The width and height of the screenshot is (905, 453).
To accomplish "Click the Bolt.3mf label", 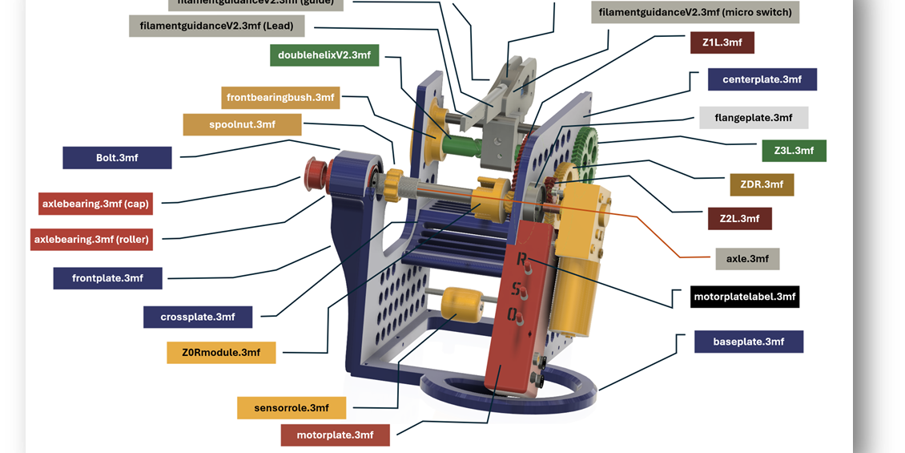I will tap(117, 158).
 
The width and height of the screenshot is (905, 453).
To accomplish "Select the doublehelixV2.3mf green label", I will tap(324, 55).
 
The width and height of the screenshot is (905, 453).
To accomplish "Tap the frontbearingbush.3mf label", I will tap(280, 98).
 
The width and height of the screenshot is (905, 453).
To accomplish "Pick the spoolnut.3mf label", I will tap(242, 125).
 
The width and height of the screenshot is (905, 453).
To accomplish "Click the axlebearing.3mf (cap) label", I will tap(95, 204).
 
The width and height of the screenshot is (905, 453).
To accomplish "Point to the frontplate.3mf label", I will tap(107, 278).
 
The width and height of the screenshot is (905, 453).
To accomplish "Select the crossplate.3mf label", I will tap(198, 317).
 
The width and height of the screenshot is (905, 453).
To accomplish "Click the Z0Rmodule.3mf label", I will tap(221, 353).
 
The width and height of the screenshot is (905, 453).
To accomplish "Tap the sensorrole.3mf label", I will tap(292, 408).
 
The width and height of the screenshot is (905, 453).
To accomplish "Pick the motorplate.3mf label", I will tap(335, 435).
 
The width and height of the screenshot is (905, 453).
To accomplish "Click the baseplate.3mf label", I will tap(748, 342).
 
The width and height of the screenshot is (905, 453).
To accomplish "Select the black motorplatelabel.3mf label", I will tap(745, 297).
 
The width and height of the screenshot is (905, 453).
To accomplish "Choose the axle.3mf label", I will tap(747, 259).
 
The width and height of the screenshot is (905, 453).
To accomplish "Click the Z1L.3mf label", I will tap(722, 42).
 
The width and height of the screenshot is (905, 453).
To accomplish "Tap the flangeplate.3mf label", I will tap(753, 118).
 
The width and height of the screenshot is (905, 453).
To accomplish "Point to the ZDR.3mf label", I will tap(762, 184).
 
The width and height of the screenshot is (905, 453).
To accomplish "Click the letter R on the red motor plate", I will tap(522, 260).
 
